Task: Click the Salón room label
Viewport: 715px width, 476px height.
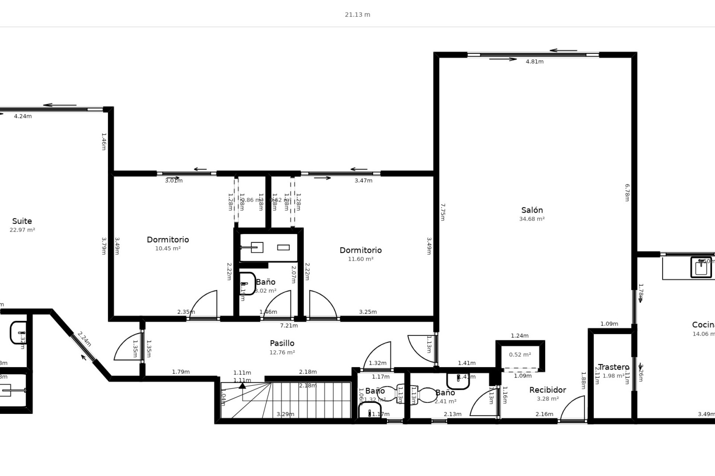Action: point(532,210)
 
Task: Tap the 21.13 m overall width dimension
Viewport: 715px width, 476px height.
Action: point(357,15)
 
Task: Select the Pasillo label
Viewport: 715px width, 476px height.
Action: point(282,343)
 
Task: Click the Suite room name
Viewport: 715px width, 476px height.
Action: point(22,221)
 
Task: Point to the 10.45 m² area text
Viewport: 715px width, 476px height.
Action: point(168,248)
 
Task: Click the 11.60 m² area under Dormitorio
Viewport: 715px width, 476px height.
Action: point(360,259)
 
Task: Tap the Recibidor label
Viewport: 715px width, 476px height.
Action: point(547,390)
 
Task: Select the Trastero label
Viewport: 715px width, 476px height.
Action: point(613,367)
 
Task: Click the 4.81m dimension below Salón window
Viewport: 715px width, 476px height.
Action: point(534,62)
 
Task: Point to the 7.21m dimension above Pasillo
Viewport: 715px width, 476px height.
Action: point(289,326)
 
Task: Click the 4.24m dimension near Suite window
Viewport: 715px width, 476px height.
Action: point(23,116)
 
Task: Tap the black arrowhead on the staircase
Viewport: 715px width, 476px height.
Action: point(242,386)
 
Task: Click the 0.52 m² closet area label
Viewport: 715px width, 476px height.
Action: point(520,355)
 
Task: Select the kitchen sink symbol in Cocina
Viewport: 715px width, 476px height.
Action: point(701,267)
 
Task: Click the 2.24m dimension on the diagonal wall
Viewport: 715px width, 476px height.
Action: point(84,339)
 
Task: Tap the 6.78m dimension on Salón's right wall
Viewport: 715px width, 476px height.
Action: point(627,193)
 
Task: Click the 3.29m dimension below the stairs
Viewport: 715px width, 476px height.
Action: point(285,414)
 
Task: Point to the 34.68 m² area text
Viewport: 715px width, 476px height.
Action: point(532,219)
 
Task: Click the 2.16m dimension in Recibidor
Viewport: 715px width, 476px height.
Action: point(544,414)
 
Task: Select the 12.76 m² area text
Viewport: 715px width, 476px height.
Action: point(282,353)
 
